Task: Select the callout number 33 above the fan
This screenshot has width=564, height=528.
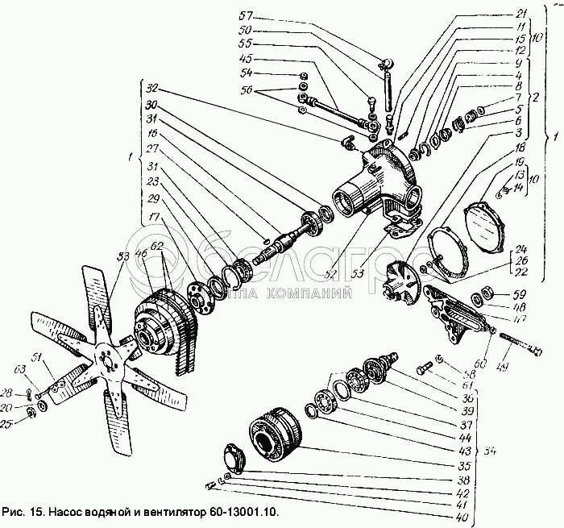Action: pyautogui.click(x=122, y=256)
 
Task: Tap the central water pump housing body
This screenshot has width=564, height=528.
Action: pyautogui.click(x=379, y=185)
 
